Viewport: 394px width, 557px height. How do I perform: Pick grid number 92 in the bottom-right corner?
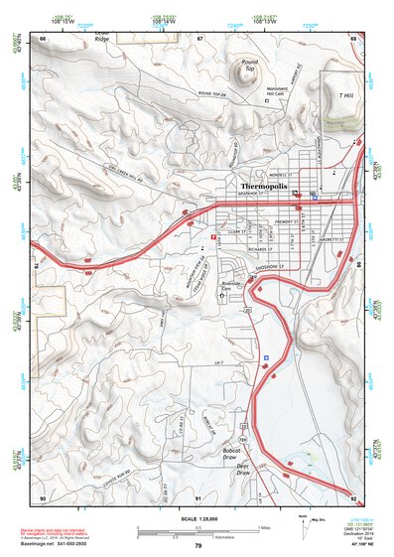pyautogui.click(x=353, y=496)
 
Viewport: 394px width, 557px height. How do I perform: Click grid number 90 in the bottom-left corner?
pyautogui.click(x=43, y=496)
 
